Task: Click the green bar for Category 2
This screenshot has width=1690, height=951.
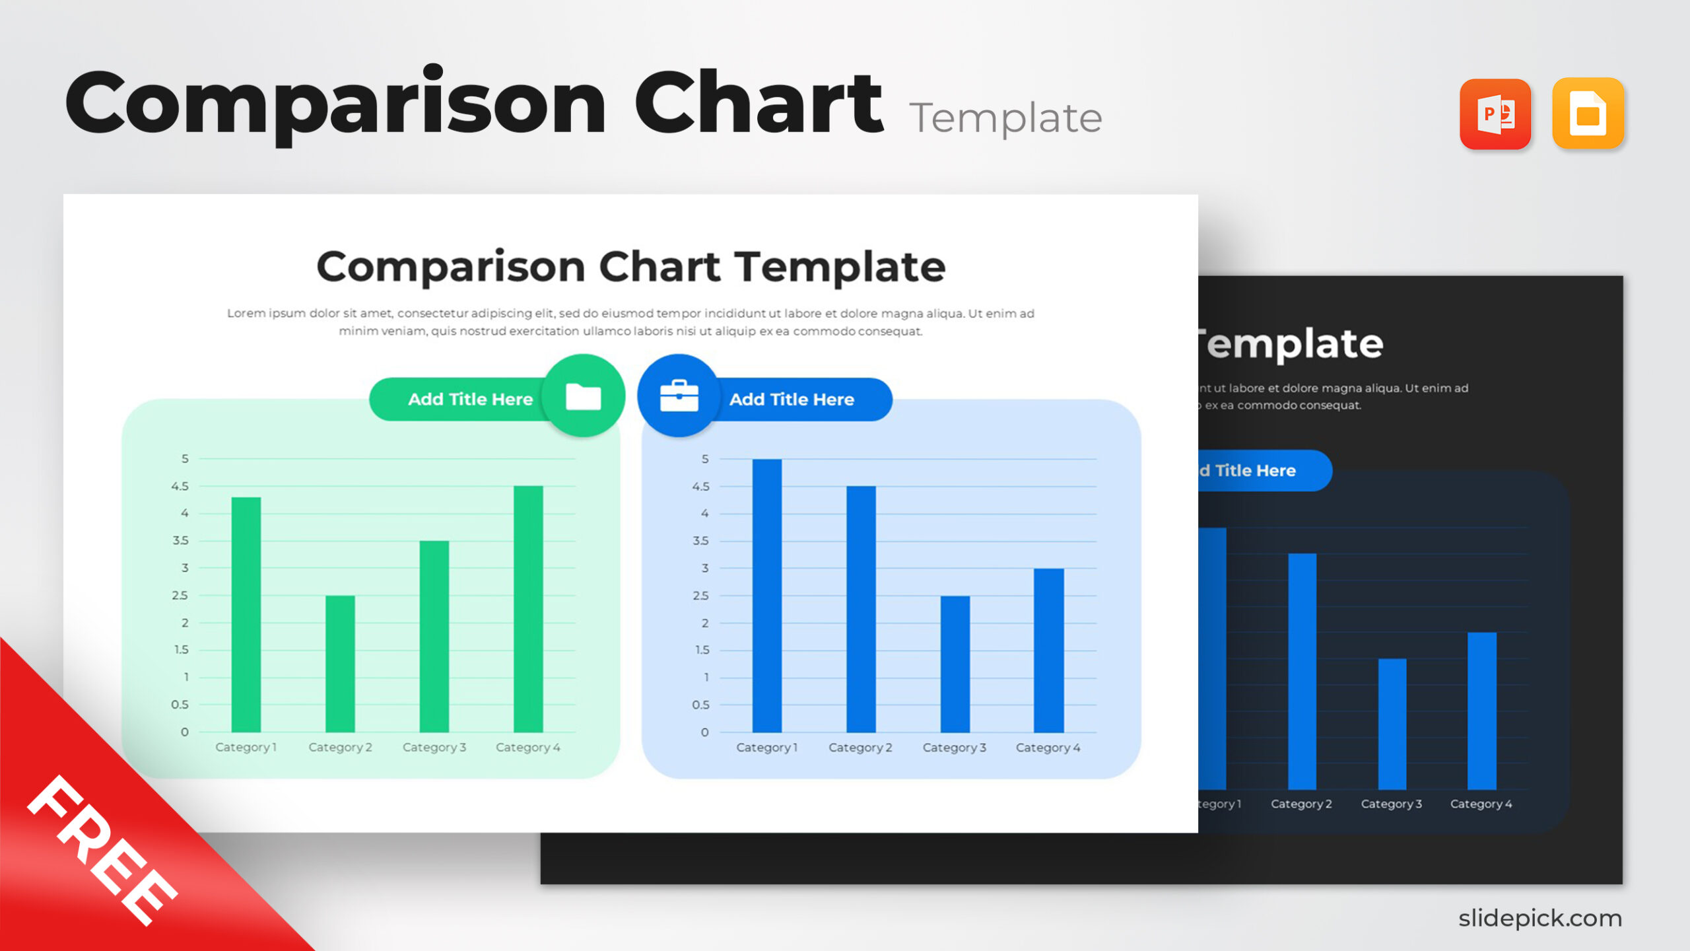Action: [340, 664]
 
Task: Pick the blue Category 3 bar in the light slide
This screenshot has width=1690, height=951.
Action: [955, 664]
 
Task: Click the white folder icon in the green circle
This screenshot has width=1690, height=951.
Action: [584, 397]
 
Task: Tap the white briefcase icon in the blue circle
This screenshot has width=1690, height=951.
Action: [679, 396]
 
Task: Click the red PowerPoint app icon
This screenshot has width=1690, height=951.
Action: [1495, 114]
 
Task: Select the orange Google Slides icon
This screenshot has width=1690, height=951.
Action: [1588, 114]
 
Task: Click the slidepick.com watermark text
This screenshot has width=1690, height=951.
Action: [1539, 918]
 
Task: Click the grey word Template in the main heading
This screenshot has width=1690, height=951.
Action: [1005, 119]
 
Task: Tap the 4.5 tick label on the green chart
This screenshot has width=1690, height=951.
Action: [180, 486]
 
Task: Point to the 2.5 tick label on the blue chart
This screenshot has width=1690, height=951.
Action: [700, 596]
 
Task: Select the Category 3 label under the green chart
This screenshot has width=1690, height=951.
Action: [434, 747]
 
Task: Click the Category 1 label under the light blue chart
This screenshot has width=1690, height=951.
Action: [767, 748]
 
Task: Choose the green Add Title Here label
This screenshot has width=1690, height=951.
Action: [470, 400]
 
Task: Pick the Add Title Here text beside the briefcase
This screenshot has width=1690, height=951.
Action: [792, 400]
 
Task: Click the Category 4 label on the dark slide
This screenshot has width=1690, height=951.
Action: [1481, 804]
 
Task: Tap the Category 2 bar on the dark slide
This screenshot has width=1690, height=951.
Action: [1302, 671]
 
